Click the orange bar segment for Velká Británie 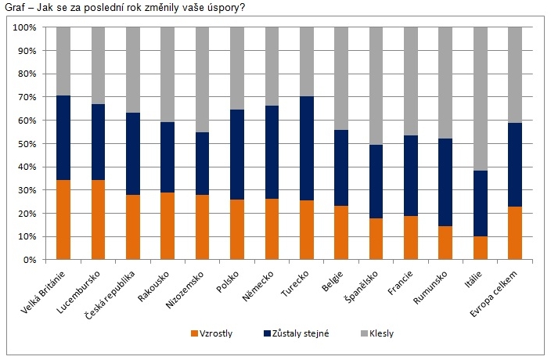[x=58, y=220]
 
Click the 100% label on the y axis [x=23, y=28]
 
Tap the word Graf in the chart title [x=15, y=8]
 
